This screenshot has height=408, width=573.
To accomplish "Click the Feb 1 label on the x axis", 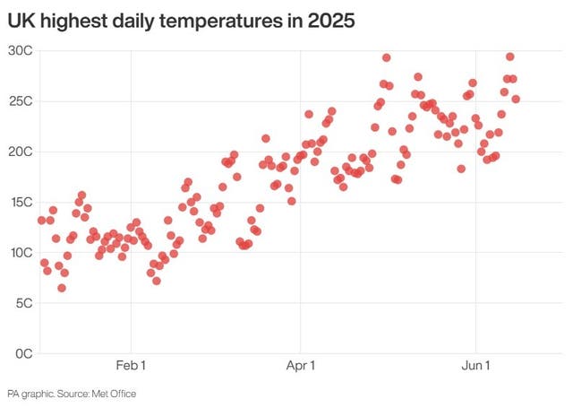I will (x=131, y=365).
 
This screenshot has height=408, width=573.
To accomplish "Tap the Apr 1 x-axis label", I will (x=301, y=365).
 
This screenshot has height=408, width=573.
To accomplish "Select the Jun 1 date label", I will (x=475, y=365).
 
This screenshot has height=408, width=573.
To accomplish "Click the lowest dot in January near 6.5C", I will (x=62, y=288).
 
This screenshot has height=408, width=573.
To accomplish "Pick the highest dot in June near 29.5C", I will (x=509, y=56).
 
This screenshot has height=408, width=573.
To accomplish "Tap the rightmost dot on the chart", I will (x=516, y=100).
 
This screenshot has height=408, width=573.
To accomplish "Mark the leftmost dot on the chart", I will (x=41, y=220).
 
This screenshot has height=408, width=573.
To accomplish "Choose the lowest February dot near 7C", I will (x=157, y=281).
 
